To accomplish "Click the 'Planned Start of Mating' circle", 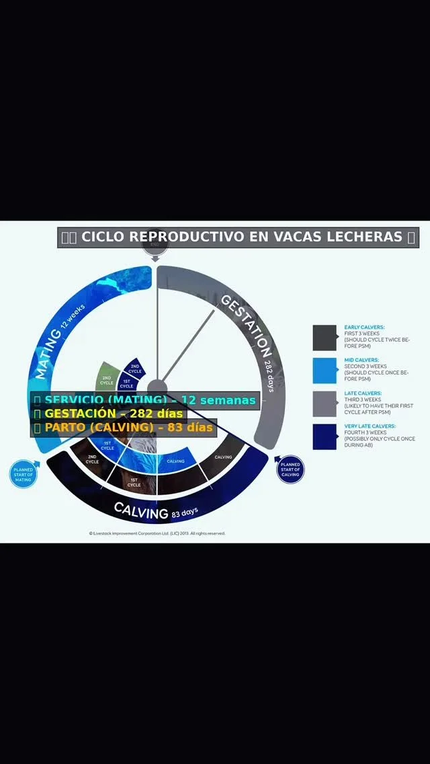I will (x=24, y=473).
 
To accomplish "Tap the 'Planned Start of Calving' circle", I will (x=290, y=469).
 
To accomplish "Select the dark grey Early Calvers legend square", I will (x=325, y=338).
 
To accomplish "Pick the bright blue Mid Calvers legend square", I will (x=325, y=371).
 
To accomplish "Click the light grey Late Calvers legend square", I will (x=325, y=404).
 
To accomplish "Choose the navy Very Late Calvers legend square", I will (x=325, y=436).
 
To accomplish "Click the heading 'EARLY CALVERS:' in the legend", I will (x=364, y=327).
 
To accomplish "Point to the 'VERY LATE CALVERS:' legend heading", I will (x=370, y=426).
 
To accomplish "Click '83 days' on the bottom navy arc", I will (x=185, y=513).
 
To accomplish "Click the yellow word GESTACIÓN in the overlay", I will (x=81, y=414).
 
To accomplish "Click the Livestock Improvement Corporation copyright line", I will (x=157, y=533).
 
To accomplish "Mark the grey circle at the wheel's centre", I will (x=157, y=388).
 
